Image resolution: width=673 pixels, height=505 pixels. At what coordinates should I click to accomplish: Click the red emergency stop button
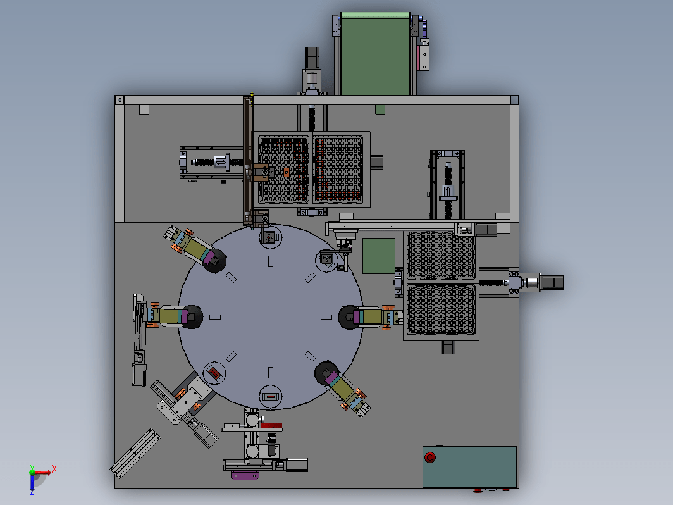[x=429, y=458]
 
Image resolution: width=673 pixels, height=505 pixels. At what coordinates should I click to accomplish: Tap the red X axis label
[x=54, y=469]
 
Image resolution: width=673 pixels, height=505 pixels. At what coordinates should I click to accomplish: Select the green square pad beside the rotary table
[x=378, y=256]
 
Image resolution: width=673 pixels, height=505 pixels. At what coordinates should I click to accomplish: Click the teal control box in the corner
[x=469, y=467]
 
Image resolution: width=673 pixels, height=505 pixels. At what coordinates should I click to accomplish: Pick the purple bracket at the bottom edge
[x=245, y=475]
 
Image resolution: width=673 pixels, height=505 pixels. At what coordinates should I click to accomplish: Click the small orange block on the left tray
[x=287, y=173]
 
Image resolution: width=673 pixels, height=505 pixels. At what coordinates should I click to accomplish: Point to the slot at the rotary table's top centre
[x=271, y=261]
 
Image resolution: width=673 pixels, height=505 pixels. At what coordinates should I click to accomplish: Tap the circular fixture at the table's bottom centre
[x=271, y=396]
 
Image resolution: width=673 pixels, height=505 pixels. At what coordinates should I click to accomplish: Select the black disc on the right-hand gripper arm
[x=349, y=317]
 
